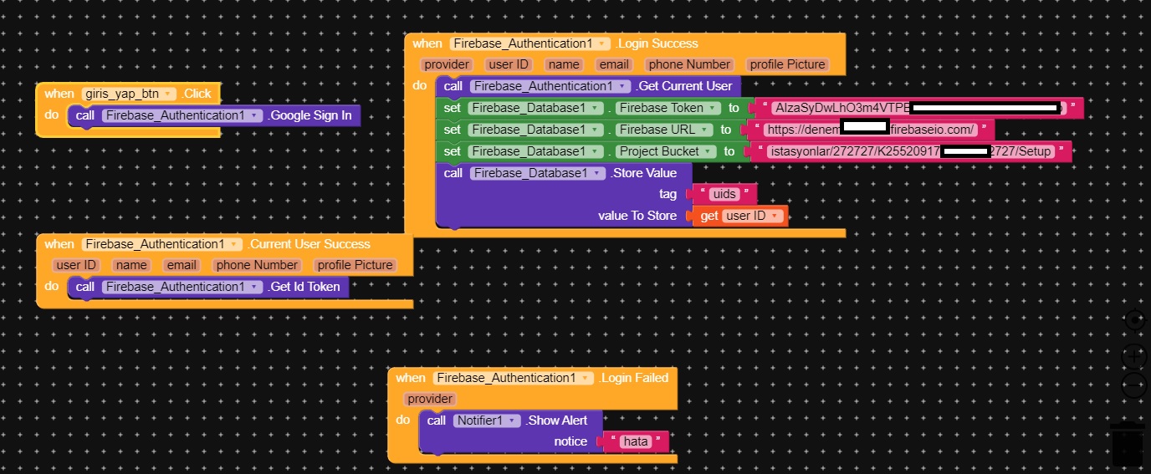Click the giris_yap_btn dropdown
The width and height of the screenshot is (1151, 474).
click(x=129, y=94)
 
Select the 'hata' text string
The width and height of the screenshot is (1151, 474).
click(x=636, y=441)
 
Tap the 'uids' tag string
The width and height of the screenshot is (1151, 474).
click(x=723, y=194)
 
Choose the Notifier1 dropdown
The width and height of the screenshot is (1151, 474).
click(x=488, y=420)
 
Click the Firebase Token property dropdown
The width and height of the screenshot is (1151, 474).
click(x=669, y=108)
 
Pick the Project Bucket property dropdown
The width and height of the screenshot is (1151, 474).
click(x=666, y=151)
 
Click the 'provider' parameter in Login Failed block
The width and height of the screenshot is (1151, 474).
click(x=431, y=399)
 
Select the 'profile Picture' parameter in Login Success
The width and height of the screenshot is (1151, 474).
click(x=787, y=64)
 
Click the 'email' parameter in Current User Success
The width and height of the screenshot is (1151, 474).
click(x=181, y=265)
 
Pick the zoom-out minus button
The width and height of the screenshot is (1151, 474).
click(x=1133, y=385)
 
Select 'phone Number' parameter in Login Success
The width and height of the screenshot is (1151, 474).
click(x=689, y=64)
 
